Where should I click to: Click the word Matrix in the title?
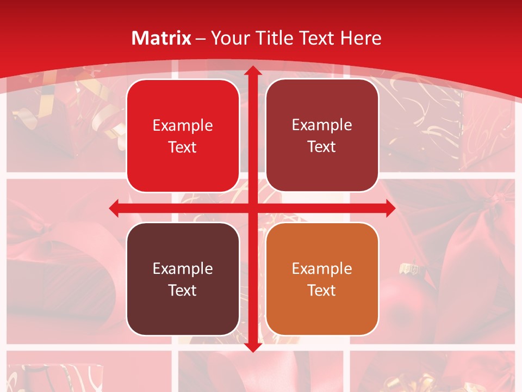pyautogui.click(x=161, y=38)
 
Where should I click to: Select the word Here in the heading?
pyautogui.click(x=361, y=38)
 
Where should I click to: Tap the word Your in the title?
pyautogui.click(x=231, y=39)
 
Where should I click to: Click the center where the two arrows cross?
pyautogui.click(x=252, y=208)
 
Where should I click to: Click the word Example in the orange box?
pyautogui.click(x=322, y=268)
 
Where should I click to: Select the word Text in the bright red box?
pyautogui.click(x=183, y=148)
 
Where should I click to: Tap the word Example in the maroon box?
pyautogui.click(x=322, y=125)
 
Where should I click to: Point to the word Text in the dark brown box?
pyautogui.click(x=183, y=290)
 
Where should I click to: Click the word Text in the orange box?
pyautogui.click(x=322, y=290)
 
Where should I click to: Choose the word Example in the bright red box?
pyautogui.click(x=183, y=126)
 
